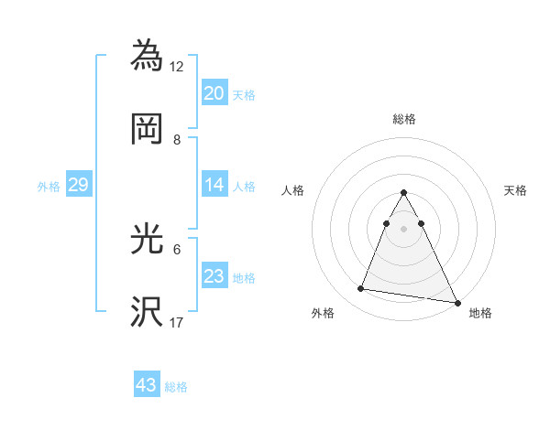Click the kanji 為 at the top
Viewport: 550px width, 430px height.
(147, 55)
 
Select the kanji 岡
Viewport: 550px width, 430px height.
(147, 129)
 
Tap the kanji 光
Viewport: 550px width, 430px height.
(147, 239)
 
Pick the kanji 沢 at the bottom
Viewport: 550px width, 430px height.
(147, 312)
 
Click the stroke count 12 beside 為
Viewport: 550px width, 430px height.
(177, 66)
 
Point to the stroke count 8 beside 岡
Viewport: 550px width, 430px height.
(177, 139)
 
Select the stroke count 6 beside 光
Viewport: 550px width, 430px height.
(177, 249)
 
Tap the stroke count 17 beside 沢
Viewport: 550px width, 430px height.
(177, 322)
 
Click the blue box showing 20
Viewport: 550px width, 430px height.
(214, 92)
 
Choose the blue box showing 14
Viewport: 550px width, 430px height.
(214, 185)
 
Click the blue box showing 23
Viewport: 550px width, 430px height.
(214, 276)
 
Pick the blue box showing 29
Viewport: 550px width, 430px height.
(78, 185)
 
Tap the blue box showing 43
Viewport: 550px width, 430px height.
(147, 385)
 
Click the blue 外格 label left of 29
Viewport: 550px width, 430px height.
(49, 186)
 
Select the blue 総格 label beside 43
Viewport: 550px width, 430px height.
(176, 387)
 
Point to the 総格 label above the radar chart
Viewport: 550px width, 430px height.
(403, 119)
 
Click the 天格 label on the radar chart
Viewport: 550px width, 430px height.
(515, 190)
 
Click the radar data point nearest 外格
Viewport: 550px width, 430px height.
(361, 289)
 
